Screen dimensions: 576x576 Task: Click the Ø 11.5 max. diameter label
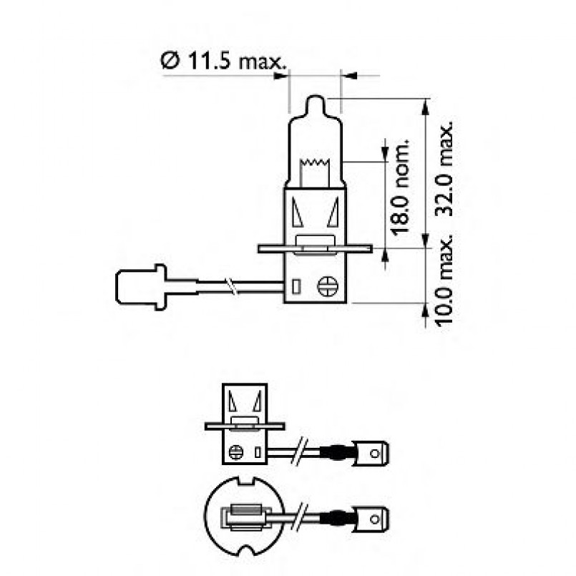[222, 61]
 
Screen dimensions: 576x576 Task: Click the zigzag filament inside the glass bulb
[316, 170]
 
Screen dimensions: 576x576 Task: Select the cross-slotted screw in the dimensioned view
[327, 286]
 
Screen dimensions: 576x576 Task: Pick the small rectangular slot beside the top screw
[296, 287]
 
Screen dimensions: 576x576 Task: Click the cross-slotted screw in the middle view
[235, 451]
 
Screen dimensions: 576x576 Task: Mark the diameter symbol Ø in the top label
[169, 62]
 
